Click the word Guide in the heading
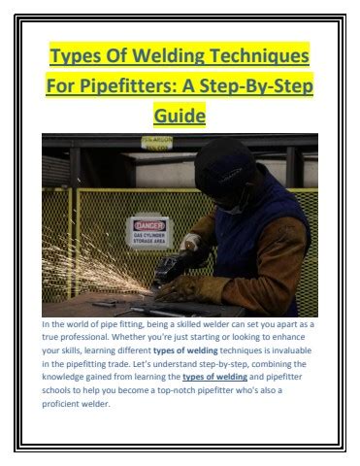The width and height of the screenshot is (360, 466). [x=180, y=116]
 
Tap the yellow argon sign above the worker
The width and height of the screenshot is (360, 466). [x=157, y=143]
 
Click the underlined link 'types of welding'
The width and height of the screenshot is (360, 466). [x=214, y=377]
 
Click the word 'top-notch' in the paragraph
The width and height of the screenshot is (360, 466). [x=176, y=390]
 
